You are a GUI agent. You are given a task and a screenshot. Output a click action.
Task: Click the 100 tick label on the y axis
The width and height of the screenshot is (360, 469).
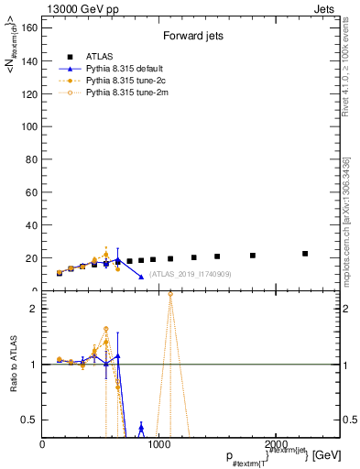pyautogui.click(x=29, y=126)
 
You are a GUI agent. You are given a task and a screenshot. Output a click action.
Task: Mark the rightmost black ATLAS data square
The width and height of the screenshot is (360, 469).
pyautogui.click(x=305, y=254)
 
